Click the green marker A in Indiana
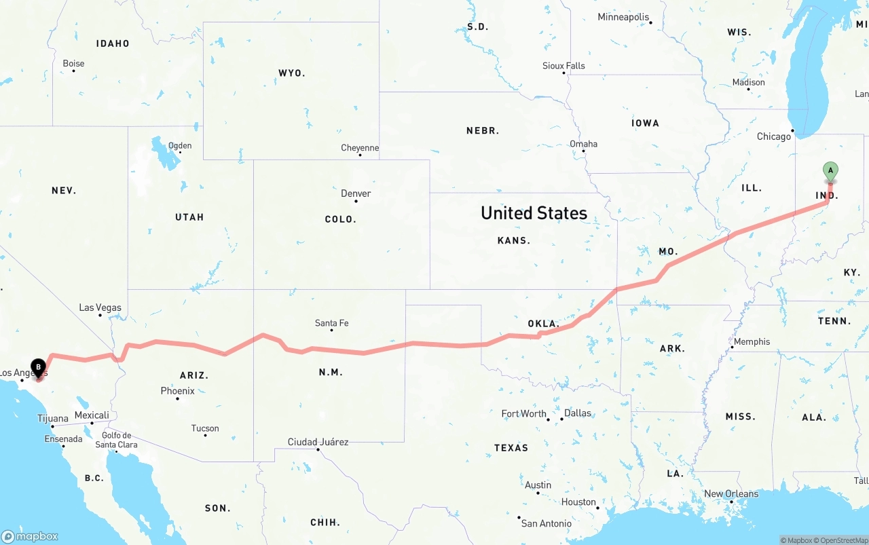pyautogui.click(x=830, y=171)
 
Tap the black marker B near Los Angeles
pyautogui.click(x=38, y=367)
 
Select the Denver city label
pyautogui.click(x=356, y=193)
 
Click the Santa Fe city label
pyautogui.click(x=331, y=323)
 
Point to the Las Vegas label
pyautogui.click(x=100, y=307)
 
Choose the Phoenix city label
pyautogui.click(x=177, y=391)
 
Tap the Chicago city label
pyautogui.click(x=774, y=136)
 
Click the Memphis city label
pyautogui.click(x=752, y=341)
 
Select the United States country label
pyautogui.click(x=534, y=213)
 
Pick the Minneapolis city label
pyautogui.click(x=623, y=17)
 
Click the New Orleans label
pyautogui.click(x=731, y=493)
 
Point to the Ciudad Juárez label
pyautogui.click(x=318, y=442)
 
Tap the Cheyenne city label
pyautogui.click(x=360, y=148)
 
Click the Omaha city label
pyautogui.click(x=583, y=144)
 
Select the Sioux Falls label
pyautogui.click(x=563, y=66)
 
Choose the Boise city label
pyautogui.click(x=73, y=64)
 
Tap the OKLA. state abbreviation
pyautogui.click(x=543, y=324)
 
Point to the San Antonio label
pyautogui.click(x=546, y=523)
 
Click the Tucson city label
pyautogui.click(x=205, y=428)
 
